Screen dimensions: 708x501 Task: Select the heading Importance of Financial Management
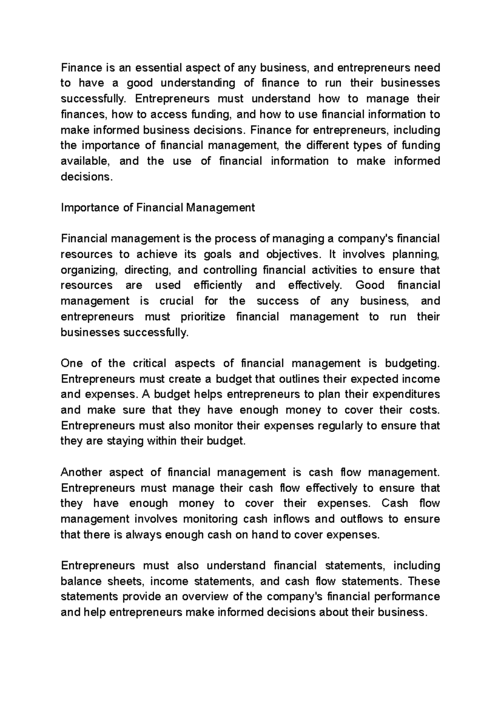pyautogui.click(x=157, y=208)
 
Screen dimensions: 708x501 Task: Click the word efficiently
pyautogui.click(x=218, y=286)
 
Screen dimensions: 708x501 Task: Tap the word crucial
pyautogui.click(x=176, y=301)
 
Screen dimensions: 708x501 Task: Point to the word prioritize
pyautogui.click(x=203, y=317)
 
